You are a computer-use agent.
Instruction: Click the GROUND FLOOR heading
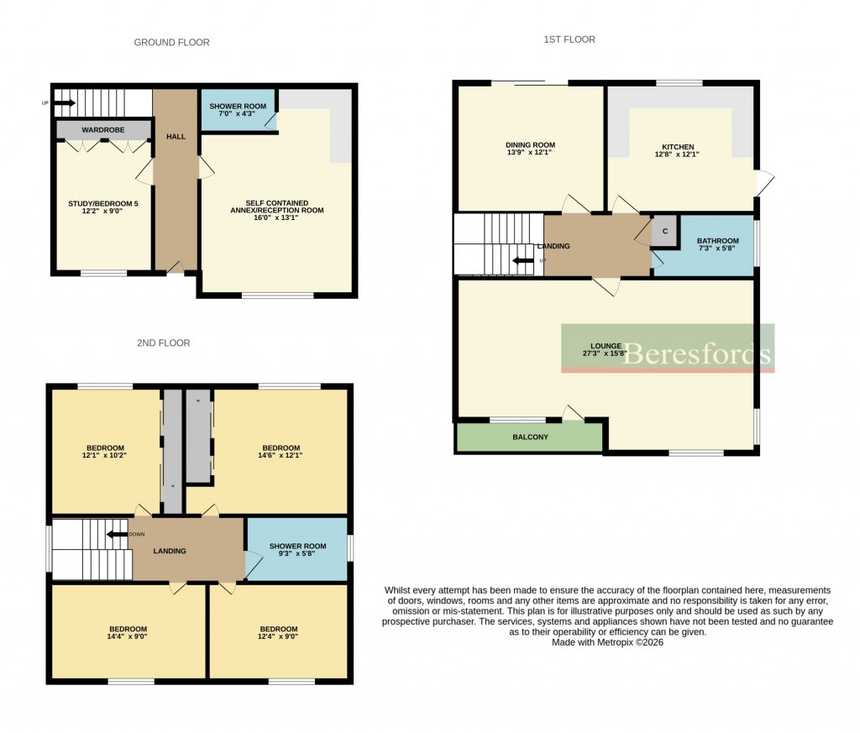pos(171,42)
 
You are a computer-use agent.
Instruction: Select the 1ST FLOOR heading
pos(569,39)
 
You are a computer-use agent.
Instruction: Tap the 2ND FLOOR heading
pos(163,343)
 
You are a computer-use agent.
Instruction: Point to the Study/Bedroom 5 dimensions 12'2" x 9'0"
pos(102,212)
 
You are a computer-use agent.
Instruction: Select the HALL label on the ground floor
pos(176,135)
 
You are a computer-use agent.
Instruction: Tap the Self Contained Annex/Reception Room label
pos(276,207)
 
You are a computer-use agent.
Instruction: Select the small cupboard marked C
pos(665,231)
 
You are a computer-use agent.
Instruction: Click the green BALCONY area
pos(530,437)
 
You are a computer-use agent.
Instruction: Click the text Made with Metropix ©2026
pos(607,642)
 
